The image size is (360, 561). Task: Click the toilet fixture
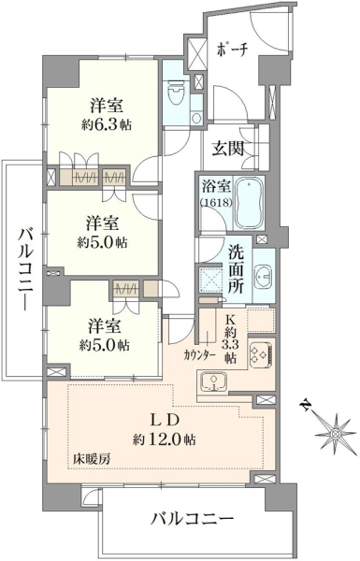click(x=176, y=92)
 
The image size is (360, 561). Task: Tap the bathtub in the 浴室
click(x=249, y=202)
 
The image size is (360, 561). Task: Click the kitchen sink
click(x=213, y=381)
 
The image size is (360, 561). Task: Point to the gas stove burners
click(x=261, y=352)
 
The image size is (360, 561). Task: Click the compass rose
click(x=336, y=434)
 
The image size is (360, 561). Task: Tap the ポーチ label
click(x=232, y=50)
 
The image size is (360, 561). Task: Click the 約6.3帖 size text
click(x=107, y=124)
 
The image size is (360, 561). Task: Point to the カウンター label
click(x=200, y=355)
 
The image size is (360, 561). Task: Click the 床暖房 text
click(x=92, y=459)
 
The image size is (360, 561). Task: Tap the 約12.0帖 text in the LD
click(x=165, y=439)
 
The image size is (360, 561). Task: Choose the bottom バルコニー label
click(x=192, y=518)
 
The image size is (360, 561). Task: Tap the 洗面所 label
click(x=237, y=270)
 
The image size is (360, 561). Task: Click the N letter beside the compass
click(x=305, y=406)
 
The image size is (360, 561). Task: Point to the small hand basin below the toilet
click(x=195, y=118)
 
